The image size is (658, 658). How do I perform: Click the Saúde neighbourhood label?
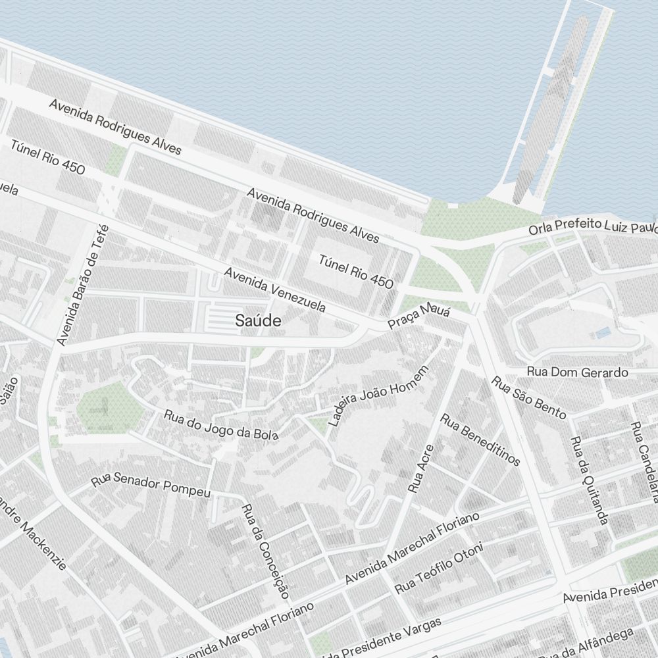[259, 321]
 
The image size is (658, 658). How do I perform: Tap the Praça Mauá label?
[418, 316]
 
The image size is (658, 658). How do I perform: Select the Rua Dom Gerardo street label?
[578, 372]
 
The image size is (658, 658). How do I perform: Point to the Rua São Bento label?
[529, 397]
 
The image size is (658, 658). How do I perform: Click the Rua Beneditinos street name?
[480, 439]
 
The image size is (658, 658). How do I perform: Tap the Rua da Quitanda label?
[588, 480]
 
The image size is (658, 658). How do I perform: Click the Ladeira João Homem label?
[378, 395]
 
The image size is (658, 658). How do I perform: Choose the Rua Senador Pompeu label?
[151, 485]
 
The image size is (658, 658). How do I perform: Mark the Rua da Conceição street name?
[266, 551]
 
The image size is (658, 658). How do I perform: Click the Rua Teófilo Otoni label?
[439, 567]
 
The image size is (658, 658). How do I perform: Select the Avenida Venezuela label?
[274, 290]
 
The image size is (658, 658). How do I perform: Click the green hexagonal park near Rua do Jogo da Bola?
[109, 408]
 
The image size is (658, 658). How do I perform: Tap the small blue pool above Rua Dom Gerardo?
[603, 333]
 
